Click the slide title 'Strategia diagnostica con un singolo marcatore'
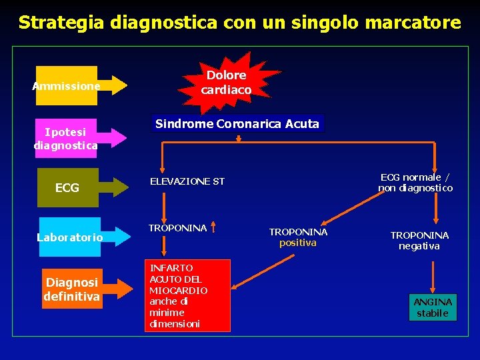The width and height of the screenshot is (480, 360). tap(239, 23)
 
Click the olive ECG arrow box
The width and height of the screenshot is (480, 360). tap(73, 188)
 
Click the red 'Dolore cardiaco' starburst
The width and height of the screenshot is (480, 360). tap(226, 83)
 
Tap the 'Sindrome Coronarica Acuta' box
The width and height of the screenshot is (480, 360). tap(237, 123)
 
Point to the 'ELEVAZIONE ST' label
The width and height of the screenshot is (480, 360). tap(187, 181)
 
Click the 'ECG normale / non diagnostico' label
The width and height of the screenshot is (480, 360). tap(415, 183)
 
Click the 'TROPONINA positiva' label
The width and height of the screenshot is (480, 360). tap(298, 237)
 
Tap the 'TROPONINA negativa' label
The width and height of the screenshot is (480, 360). tap(419, 241)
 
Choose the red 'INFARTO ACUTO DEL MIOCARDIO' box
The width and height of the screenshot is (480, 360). tap(188, 295)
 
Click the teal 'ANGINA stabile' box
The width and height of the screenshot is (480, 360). tap(433, 307)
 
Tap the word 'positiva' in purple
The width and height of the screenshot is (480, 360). tap(298, 243)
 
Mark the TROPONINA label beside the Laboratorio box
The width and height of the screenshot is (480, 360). tap(177, 228)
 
